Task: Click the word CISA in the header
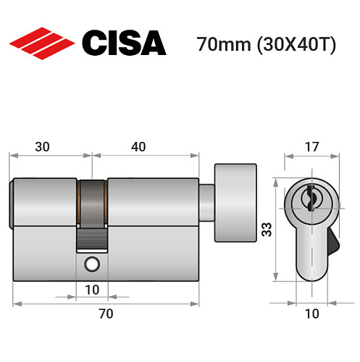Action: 123,43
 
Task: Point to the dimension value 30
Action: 42,146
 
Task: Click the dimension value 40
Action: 138,146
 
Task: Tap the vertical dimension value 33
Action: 267,230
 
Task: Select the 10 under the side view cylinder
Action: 91,290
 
